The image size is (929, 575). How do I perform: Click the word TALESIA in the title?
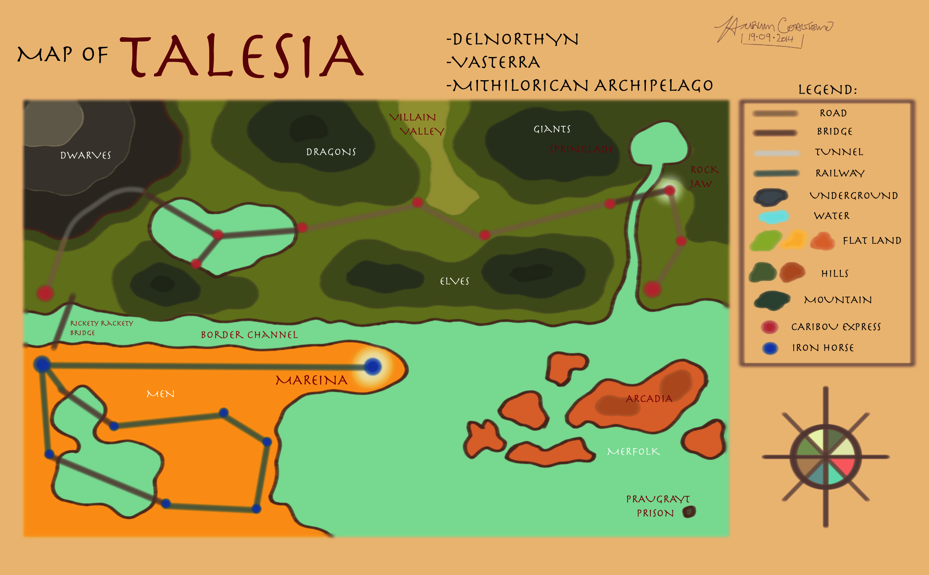pos(242,56)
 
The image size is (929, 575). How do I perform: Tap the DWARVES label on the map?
pos(86,155)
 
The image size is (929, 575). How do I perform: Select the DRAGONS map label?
pos(331,152)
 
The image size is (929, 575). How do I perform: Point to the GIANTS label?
pos(552,129)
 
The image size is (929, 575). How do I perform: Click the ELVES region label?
pos(455,281)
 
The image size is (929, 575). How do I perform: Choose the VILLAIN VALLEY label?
pos(417,124)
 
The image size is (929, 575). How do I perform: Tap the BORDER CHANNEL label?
pos(249,335)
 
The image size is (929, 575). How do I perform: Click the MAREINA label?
pos(311,380)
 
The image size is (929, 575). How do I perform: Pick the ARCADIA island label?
pos(649,399)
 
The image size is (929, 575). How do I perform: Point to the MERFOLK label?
pos(633,452)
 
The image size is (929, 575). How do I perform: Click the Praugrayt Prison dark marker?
pos(689,512)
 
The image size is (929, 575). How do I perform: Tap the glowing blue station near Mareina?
pos(373,367)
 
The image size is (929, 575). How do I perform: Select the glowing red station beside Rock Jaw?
pos(669,191)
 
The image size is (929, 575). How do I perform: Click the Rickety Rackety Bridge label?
pos(101,327)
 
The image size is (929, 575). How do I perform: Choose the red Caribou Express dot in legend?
pos(769,327)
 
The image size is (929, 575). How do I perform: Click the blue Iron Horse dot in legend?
pos(770,348)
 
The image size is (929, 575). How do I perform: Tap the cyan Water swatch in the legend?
pos(773,216)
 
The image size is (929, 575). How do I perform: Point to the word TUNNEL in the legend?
pos(839,152)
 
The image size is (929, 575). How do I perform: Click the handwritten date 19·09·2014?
pos(770,38)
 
